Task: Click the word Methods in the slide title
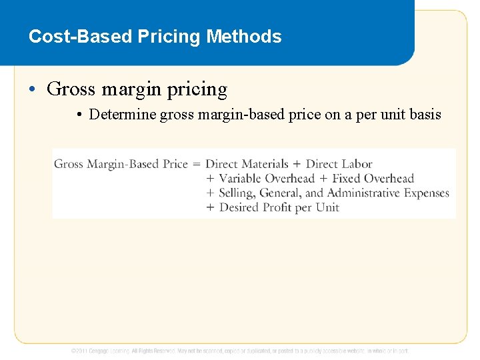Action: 244,36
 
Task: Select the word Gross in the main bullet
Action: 72,89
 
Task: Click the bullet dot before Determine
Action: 79,115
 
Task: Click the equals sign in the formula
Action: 196,164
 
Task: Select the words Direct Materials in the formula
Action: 247,164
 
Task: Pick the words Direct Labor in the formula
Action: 339,164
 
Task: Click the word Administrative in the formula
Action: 363,193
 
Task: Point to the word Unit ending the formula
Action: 327,208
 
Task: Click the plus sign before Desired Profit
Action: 210,208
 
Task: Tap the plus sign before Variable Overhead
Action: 210,179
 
